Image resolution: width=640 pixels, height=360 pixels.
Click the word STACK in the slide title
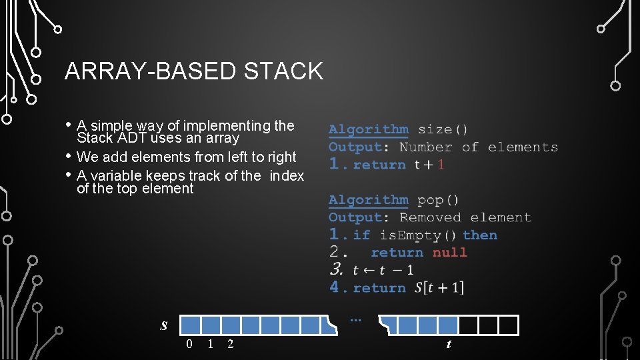(283, 71)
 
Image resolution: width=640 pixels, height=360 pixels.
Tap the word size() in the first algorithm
(443, 129)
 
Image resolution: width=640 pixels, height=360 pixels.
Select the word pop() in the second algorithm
(438, 200)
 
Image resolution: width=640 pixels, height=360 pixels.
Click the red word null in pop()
(449, 253)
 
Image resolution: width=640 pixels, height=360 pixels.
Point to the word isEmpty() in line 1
(418, 235)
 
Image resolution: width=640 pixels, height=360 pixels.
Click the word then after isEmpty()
(480, 235)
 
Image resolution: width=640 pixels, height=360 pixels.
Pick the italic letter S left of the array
(164, 326)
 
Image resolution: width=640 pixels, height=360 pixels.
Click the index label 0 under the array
(189, 344)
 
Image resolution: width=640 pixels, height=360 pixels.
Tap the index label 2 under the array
(230, 344)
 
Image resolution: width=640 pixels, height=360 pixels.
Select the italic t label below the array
(449, 344)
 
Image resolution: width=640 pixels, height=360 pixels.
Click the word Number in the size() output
(426, 147)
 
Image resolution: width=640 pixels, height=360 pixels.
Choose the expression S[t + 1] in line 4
(439, 288)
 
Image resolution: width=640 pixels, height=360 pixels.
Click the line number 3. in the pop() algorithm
(337, 269)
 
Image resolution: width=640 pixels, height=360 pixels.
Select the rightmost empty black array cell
(509, 325)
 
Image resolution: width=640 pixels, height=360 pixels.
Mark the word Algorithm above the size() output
(368, 129)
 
